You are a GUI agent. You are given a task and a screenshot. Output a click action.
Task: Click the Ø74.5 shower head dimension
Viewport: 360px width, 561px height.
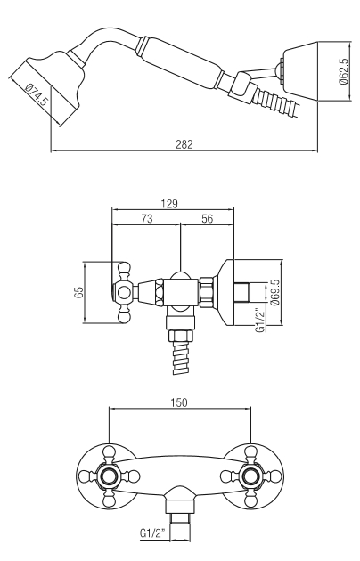[x=37, y=94]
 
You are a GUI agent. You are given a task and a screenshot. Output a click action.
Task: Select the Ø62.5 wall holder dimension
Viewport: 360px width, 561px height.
[x=343, y=71]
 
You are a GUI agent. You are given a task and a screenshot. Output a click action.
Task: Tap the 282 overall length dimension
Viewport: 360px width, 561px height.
[x=184, y=144]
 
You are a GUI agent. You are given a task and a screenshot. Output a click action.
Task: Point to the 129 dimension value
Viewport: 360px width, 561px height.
[x=169, y=203]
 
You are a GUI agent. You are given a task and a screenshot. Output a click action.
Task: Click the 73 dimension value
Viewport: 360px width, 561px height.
[x=147, y=218]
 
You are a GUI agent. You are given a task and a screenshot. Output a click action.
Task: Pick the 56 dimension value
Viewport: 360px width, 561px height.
[x=208, y=218]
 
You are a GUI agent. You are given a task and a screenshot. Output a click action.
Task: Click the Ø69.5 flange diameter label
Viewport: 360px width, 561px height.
[x=274, y=292]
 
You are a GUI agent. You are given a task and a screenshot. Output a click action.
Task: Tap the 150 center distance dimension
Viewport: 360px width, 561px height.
[x=179, y=402]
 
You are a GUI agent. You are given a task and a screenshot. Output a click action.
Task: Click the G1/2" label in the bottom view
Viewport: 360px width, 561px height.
[x=152, y=533]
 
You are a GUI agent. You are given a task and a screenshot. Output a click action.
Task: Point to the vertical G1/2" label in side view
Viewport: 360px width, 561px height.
[x=262, y=320]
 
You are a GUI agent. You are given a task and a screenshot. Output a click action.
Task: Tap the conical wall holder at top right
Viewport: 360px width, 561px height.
[x=300, y=71]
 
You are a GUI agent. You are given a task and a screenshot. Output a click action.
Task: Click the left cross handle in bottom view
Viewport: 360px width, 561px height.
[x=109, y=476]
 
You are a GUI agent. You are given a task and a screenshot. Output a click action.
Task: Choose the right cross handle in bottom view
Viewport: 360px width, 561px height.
[x=251, y=476]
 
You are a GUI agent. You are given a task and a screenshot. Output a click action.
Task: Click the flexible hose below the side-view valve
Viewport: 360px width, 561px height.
[x=181, y=357]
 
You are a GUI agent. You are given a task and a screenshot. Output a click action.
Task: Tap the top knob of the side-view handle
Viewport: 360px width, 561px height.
[x=124, y=268]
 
